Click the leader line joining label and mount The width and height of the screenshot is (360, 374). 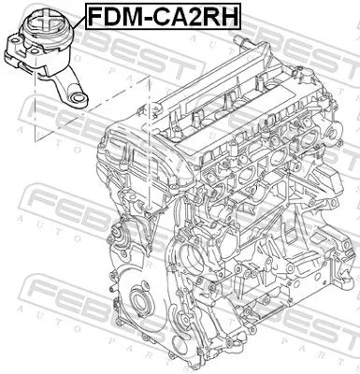click(x=75, y=17)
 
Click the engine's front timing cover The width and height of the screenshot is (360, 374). click(x=159, y=299)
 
